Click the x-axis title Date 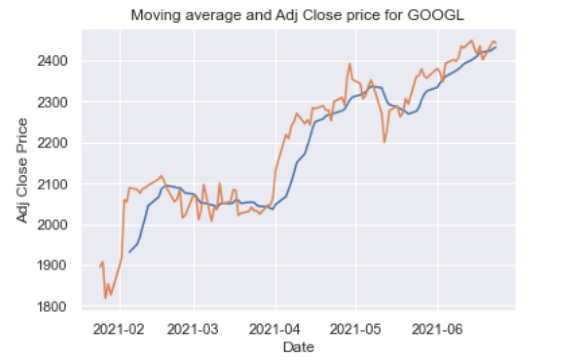click(x=299, y=347)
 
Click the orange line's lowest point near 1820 click(x=106, y=298)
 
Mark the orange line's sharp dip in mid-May click(x=384, y=142)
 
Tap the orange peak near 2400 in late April click(x=349, y=63)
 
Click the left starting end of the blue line click(x=129, y=252)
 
